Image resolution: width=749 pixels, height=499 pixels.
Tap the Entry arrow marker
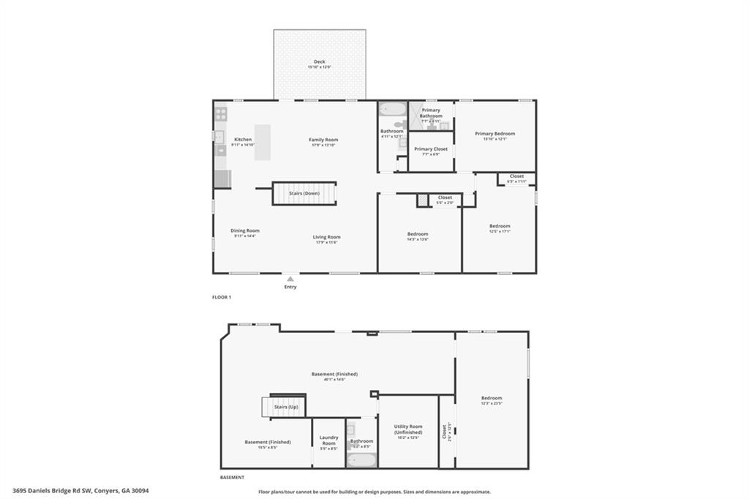[x=290, y=279]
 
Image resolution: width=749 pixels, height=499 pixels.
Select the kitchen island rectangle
[x=262, y=142]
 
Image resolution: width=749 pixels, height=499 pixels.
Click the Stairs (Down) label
[x=304, y=193]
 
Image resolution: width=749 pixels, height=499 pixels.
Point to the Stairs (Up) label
[x=285, y=406]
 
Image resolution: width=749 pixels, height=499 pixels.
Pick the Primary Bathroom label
[x=431, y=113]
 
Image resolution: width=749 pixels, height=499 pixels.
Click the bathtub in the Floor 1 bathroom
[x=393, y=109]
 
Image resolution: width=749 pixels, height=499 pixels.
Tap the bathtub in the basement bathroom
[x=361, y=460]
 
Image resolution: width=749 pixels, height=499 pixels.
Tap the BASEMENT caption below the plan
[x=232, y=478]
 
